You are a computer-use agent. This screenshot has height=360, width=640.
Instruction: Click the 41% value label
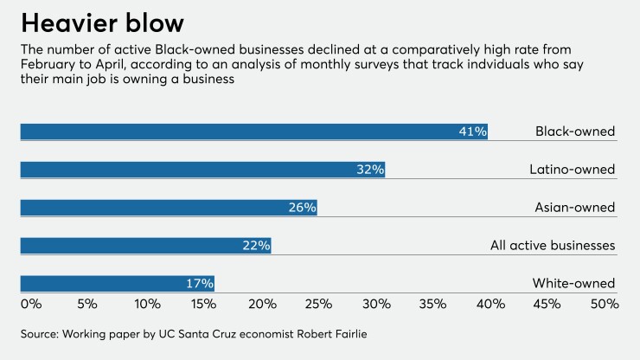473,132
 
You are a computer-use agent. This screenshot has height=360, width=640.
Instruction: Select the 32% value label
370,170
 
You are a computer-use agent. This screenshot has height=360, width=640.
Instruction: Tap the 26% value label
302,208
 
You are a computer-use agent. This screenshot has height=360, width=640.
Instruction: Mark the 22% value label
257,246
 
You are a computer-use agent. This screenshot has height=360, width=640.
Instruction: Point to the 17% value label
199,284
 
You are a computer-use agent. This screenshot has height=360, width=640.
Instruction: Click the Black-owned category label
575,132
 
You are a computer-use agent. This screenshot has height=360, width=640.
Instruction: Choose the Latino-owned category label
572,170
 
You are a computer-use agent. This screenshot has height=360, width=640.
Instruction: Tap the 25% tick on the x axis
318,304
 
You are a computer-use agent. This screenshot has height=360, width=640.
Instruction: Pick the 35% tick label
432,304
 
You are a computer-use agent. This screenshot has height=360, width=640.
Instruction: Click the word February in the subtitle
47,66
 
